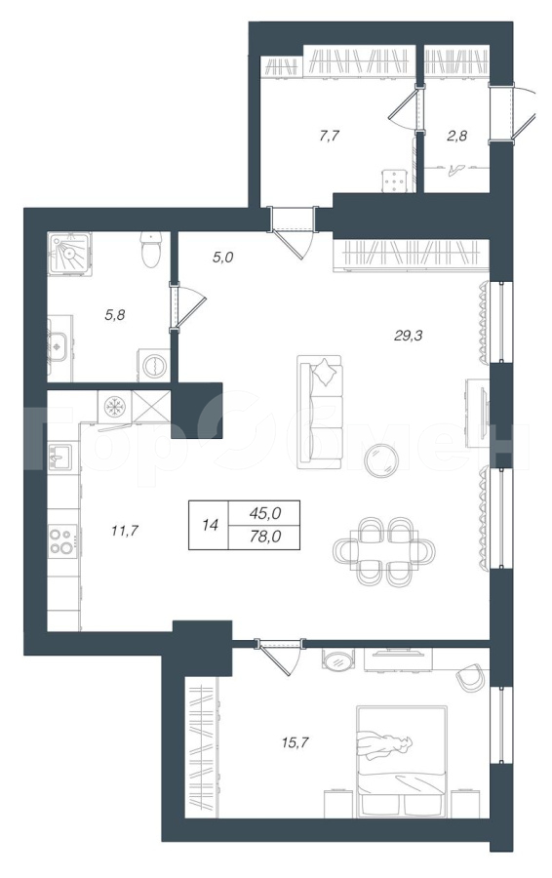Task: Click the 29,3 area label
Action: (408, 336)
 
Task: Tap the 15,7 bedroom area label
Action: (296, 742)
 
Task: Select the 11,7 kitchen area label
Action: (124, 530)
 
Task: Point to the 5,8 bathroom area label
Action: (115, 315)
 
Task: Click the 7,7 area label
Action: (330, 136)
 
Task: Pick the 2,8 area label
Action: (456, 136)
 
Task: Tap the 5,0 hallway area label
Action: (222, 257)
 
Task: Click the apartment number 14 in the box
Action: (210, 525)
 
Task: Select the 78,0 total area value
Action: (266, 537)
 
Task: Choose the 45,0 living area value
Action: (266, 512)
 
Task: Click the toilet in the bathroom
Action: (151, 250)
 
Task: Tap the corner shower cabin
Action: (70, 254)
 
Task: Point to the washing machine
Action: (153, 366)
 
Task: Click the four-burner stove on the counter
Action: (63, 539)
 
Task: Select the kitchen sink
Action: (59, 459)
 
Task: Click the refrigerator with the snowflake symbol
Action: (115, 407)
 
